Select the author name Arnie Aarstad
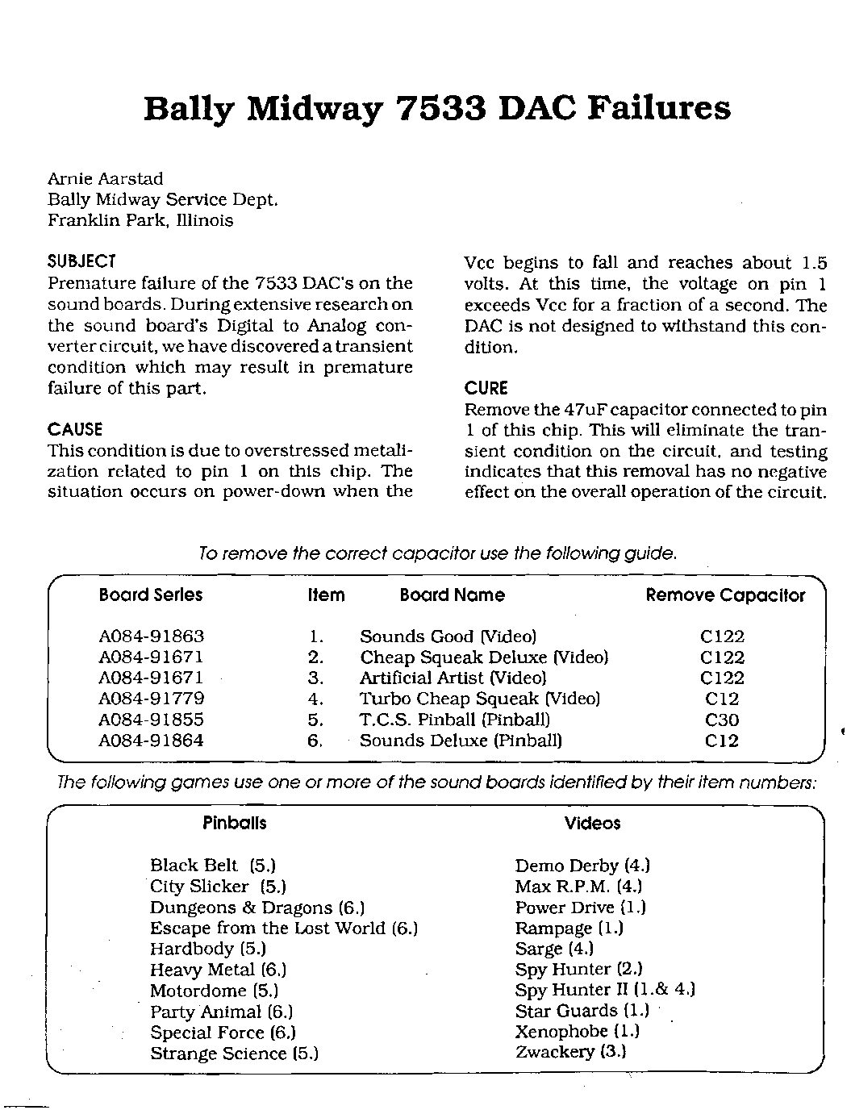106,178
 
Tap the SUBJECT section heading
82,261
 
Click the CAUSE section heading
75,429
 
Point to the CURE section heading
486,388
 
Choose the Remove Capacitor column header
725,595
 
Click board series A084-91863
151,636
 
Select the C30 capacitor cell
721,720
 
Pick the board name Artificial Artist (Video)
453,678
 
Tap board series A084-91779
151,699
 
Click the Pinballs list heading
234,823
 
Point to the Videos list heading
592,824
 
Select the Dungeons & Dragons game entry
257,908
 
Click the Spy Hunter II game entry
605,990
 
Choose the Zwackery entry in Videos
571,1052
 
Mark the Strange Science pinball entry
234,1054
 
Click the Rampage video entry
569,928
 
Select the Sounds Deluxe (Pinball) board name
461,741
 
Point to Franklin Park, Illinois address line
140,220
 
